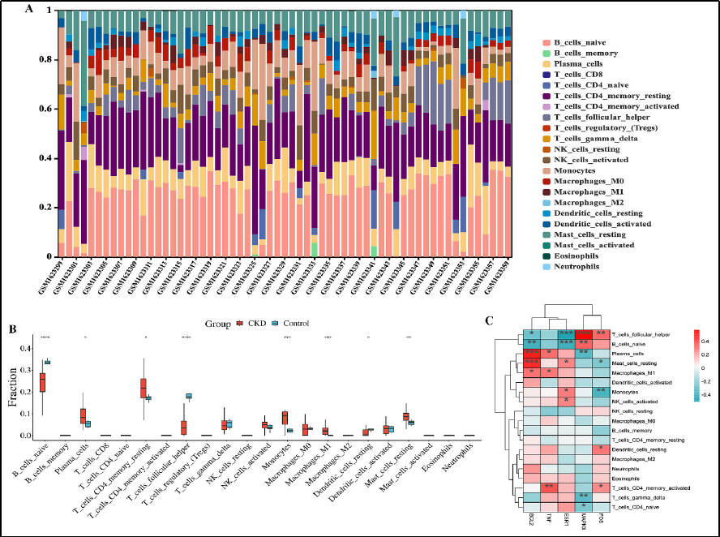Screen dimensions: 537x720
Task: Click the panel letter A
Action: click(29, 10)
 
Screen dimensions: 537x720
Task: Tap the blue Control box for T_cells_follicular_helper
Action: click(189, 396)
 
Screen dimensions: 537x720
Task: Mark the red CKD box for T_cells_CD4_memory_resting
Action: click(143, 388)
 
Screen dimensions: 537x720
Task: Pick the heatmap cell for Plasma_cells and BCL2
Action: click(530, 353)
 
